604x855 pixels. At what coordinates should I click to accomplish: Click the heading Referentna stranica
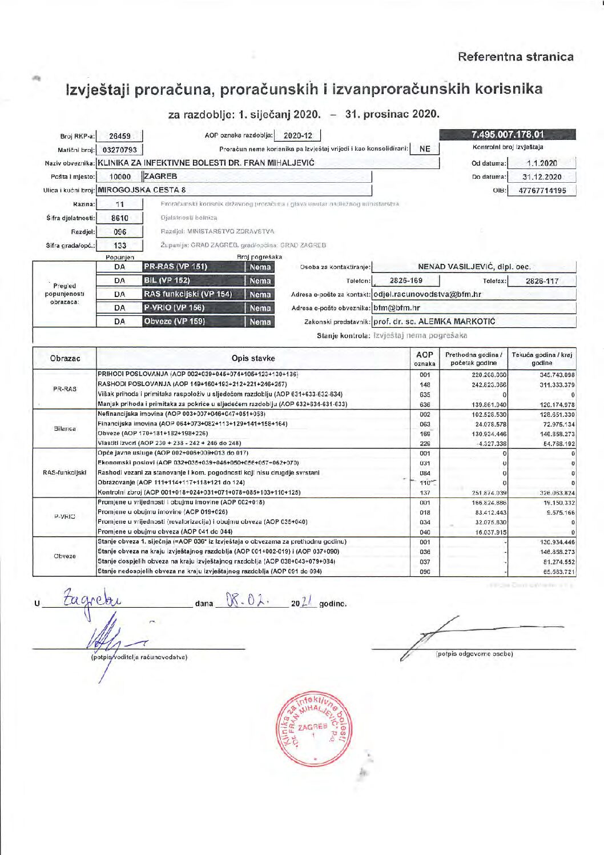(515, 57)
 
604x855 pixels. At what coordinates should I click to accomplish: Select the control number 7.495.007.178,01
(508, 135)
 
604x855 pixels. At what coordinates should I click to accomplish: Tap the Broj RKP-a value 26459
(120, 137)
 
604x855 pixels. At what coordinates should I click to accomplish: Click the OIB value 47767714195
(542, 191)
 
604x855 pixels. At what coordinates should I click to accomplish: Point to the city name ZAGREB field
(161, 176)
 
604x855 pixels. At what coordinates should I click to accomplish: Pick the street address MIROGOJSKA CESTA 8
(142, 190)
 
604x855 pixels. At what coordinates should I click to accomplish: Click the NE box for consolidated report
(425, 149)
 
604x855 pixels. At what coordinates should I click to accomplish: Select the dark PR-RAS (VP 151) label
(176, 267)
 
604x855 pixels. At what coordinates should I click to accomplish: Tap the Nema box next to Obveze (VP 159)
(260, 322)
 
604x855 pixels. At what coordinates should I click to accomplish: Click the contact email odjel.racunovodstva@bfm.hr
(427, 295)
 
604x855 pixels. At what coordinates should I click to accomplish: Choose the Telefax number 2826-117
(542, 281)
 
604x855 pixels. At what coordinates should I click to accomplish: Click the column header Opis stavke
(253, 359)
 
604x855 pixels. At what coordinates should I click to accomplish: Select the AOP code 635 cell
(425, 395)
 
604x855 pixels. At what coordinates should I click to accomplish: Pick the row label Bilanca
(65, 428)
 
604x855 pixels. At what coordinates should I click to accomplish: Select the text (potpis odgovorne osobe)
(474, 654)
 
